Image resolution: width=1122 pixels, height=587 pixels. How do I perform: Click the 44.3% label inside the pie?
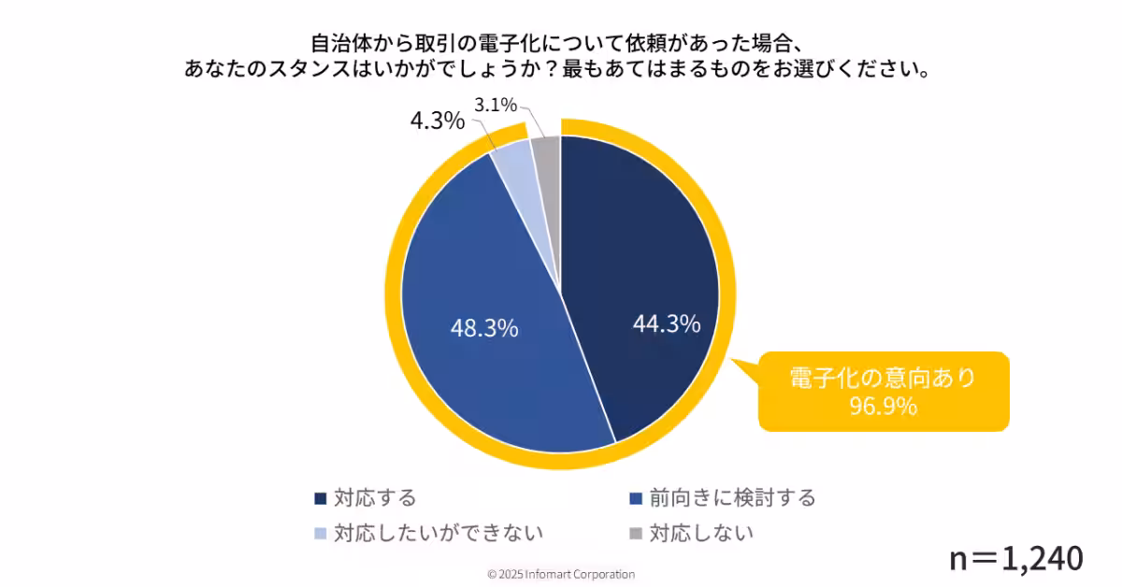coord(667,324)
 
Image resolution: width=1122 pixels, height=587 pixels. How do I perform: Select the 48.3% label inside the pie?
coord(484,329)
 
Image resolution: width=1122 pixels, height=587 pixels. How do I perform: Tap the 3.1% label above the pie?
coord(496,106)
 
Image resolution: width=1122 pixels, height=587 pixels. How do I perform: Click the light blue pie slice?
coord(511,160)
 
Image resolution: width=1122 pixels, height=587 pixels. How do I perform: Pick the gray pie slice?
coord(546,151)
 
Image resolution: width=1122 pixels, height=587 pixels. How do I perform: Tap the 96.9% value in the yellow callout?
coord(883,407)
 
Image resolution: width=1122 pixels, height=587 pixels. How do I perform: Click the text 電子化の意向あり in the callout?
coord(883,378)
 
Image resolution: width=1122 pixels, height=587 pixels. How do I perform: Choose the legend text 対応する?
coord(374,497)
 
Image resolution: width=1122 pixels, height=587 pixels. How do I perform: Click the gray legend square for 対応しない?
coord(636,534)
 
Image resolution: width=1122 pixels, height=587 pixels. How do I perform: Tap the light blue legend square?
coord(321,534)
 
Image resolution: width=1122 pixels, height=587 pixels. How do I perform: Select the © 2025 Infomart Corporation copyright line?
coord(561,574)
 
